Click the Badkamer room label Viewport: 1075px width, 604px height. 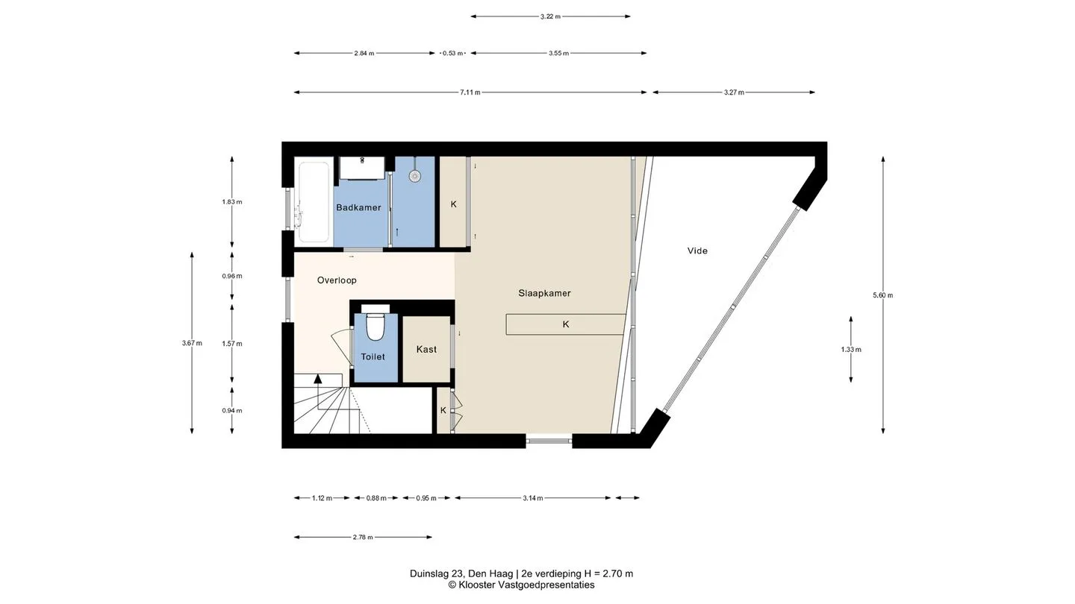(358, 207)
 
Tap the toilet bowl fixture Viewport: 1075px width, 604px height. (376, 326)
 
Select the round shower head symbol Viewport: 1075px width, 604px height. (415, 176)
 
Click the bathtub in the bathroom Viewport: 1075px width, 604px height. (314, 202)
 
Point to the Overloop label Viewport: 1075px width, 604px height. (337, 280)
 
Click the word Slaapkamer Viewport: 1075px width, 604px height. (545, 293)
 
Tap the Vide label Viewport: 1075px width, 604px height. (697, 251)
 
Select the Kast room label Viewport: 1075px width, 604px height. (427, 350)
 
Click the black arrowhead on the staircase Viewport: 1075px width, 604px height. (318, 379)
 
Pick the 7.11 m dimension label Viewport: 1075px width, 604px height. (470, 92)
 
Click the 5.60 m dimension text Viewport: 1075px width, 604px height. (883, 295)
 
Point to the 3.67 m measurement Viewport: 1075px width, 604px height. (192, 343)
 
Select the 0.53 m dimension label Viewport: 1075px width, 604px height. (452, 53)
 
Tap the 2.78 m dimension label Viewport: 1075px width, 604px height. (363, 538)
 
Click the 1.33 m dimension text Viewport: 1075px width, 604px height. (851, 350)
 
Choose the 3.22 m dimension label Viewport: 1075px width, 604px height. (550, 16)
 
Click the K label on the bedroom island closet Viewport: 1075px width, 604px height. (566, 324)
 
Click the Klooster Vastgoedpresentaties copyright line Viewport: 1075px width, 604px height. (522, 585)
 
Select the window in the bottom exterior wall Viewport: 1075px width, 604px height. (549, 440)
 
